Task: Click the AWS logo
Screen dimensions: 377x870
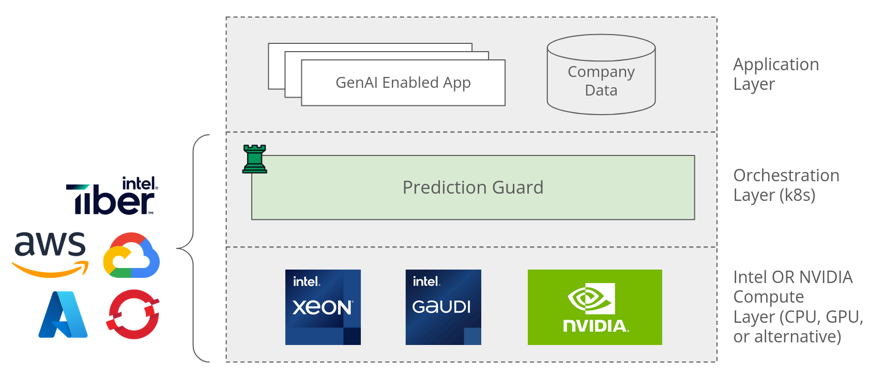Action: (x=50, y=253)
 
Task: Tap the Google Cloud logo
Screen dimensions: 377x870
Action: (x=131, y=256)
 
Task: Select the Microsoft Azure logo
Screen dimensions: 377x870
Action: (x=63, y=315)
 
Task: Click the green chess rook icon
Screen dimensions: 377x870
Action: (x=255, y=159)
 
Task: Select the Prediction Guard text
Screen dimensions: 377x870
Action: (x=472, y=187)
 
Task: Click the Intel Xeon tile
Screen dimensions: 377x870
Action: (x=323, y=307)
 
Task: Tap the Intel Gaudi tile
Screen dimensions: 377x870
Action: (x=443, y=307)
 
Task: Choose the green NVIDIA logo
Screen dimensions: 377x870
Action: (x=594, y=307)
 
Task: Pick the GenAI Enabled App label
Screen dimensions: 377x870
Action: (x=403, y=83)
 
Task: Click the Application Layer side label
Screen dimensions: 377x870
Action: (x=775, y=74)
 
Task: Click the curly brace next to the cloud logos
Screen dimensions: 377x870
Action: (x=194, y=248)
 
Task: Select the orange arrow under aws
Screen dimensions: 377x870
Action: (x=50, y=270)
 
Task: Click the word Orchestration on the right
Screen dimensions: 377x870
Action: (x=786, y=176)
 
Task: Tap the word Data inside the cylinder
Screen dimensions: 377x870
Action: (x=601, y=90)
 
